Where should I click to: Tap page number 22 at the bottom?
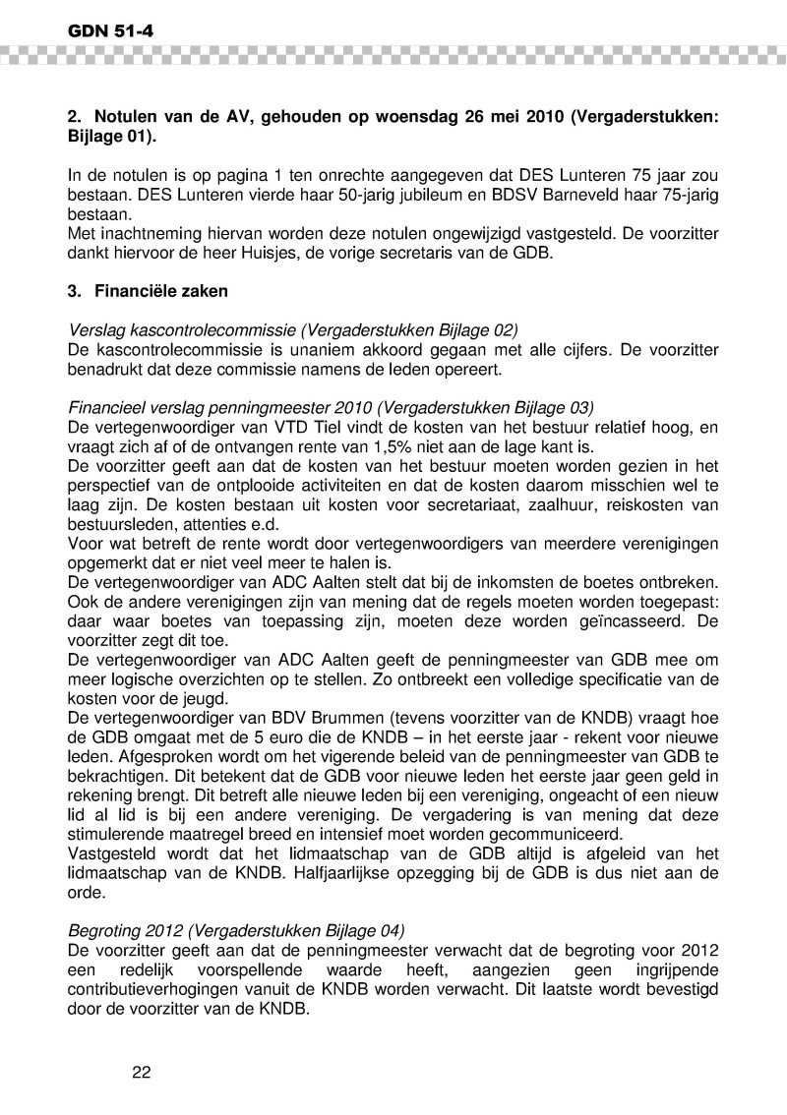point(141,1072)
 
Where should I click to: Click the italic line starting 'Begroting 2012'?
point(236,929)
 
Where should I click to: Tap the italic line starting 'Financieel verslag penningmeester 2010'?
point(331,405)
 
